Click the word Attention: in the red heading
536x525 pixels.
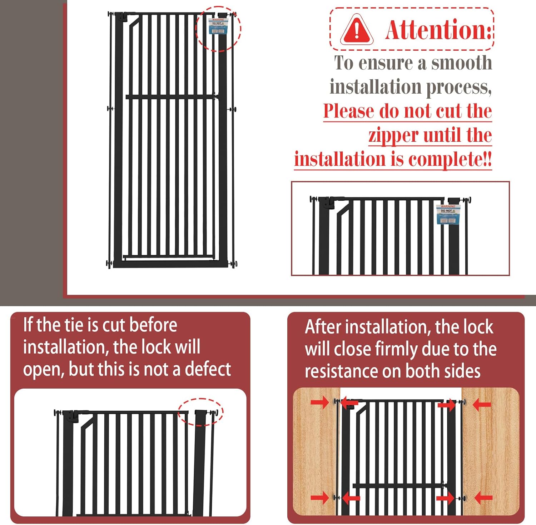[439, 30]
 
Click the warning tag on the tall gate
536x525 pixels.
[218, 26]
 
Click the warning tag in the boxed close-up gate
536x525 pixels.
[448, 214]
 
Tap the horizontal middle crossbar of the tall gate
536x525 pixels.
[172, 96]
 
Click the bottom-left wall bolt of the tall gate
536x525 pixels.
[109, 264]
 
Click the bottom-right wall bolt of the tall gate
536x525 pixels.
[234, 264]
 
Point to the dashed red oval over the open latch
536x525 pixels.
[200, 412]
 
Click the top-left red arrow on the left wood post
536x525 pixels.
[319, 402]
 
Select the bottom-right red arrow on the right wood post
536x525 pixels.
[483, 497]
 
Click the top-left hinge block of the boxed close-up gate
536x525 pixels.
[327, 203]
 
